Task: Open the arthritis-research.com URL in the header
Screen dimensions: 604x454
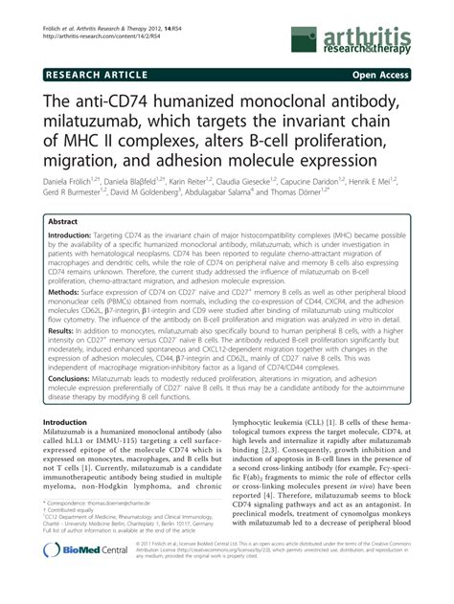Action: (x=97, y=17)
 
